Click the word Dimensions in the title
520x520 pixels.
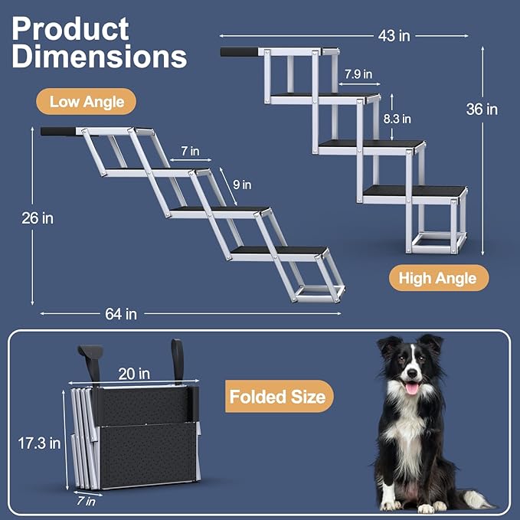[x=99, y=57]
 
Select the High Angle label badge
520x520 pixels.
[x=437, y=278]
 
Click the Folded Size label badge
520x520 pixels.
[x=278, y=396]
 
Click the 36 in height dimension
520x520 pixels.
[x=482, y=110]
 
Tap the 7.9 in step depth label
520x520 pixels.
[x=358, y=74]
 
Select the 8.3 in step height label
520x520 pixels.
[x=396, y=119]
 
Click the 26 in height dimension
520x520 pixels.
[x=37, y=218]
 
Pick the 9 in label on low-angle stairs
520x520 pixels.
[x=242, y=184]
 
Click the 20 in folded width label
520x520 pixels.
[x=133, y=373]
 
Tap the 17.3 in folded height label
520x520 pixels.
[x=38, y=443]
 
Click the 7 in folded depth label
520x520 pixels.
[x=86, y=502]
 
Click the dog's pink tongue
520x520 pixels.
[x=412, y=389]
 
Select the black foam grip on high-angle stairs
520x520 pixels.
[x=240, y=52]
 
